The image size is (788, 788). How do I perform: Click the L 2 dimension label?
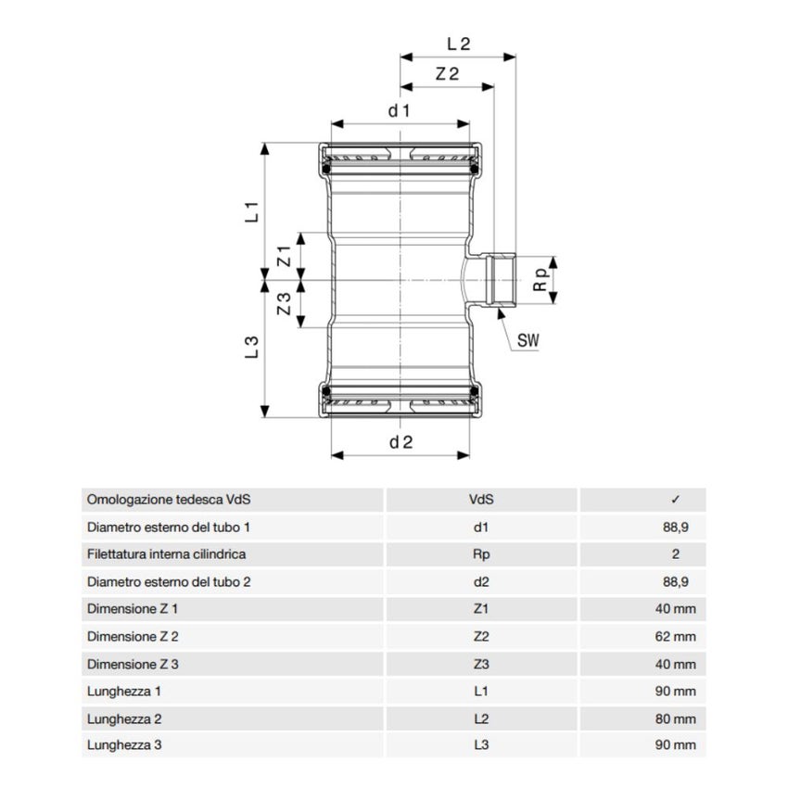click(459, 43)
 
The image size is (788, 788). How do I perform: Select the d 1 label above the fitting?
click(400, 110)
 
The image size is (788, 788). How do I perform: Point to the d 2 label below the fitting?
click(400, 442)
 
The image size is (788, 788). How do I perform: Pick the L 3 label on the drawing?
click(251, 347)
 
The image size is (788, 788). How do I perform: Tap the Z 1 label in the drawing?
click(286, 257)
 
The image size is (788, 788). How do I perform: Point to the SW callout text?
click(527, 341)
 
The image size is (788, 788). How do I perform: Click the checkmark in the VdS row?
click(675, 500)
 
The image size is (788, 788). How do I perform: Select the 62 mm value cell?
click(675, 637)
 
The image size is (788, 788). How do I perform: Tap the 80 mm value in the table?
click(675, 718)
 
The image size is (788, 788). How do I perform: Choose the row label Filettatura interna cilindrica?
click(166, 554)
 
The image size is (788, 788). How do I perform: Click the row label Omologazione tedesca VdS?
click(169, 500)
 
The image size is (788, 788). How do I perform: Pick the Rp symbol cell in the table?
click(481, 554)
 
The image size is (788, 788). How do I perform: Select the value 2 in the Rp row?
click(676, 554)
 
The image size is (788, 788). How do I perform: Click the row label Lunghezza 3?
click(124, 745)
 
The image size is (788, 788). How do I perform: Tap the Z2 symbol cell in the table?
click(481, 637)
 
